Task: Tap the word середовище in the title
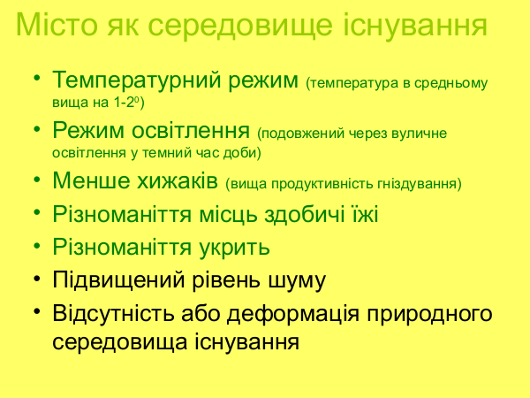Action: pyautogui.click(x=240, y=27)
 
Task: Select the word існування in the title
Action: pyautogui.click(x=415, y=24)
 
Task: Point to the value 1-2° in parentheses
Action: pyautogui.click(x=130, y=103)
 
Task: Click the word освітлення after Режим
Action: pyautogui.click(x=190, y=130)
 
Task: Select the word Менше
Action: pyautogui.click(x=91, y=180)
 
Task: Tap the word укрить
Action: pyautogui.click(x=234, y=248)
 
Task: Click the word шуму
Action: pyautogui.click(x=297, y=282)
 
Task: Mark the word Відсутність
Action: pyautogui.click(x=114, y=313)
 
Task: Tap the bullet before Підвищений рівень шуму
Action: pyautogui.click(x=37, y=279)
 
